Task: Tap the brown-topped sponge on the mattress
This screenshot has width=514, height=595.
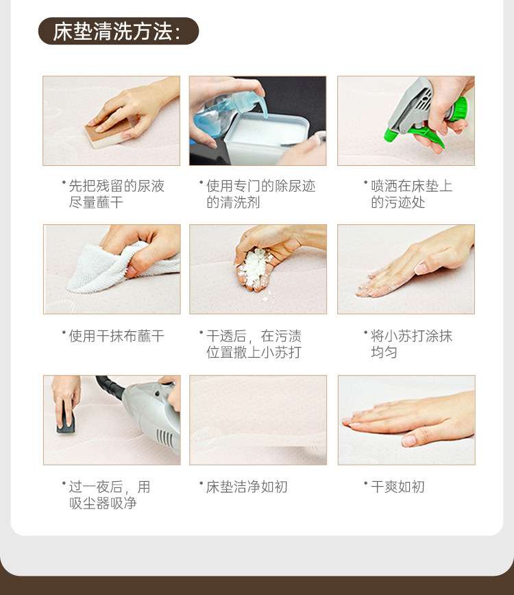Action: pyautogui.click(x=110, y=132)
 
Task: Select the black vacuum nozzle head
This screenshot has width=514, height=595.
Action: pyautogui.click(x=66, y=417)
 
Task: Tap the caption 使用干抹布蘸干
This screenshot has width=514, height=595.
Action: pyautogui.click(x=116, y=336)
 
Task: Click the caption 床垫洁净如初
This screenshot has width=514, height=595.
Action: pyautogui.click(x=247, y=487)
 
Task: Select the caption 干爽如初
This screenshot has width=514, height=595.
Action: pyautogui.click(x=397, y=487)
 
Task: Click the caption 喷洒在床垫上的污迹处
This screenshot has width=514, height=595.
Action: pyautogui.click(x=412, y=194)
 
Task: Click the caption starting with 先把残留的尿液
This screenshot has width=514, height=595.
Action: pyautogui.click(x=117, y=194)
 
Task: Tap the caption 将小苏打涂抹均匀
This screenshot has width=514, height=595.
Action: pyautogui.click(x=412, y=344)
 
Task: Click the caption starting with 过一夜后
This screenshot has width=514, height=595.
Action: pyautogui.click(x=109, y=495)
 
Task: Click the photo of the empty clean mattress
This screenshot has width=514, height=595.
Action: pyautogui.click(x=258, y=420)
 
